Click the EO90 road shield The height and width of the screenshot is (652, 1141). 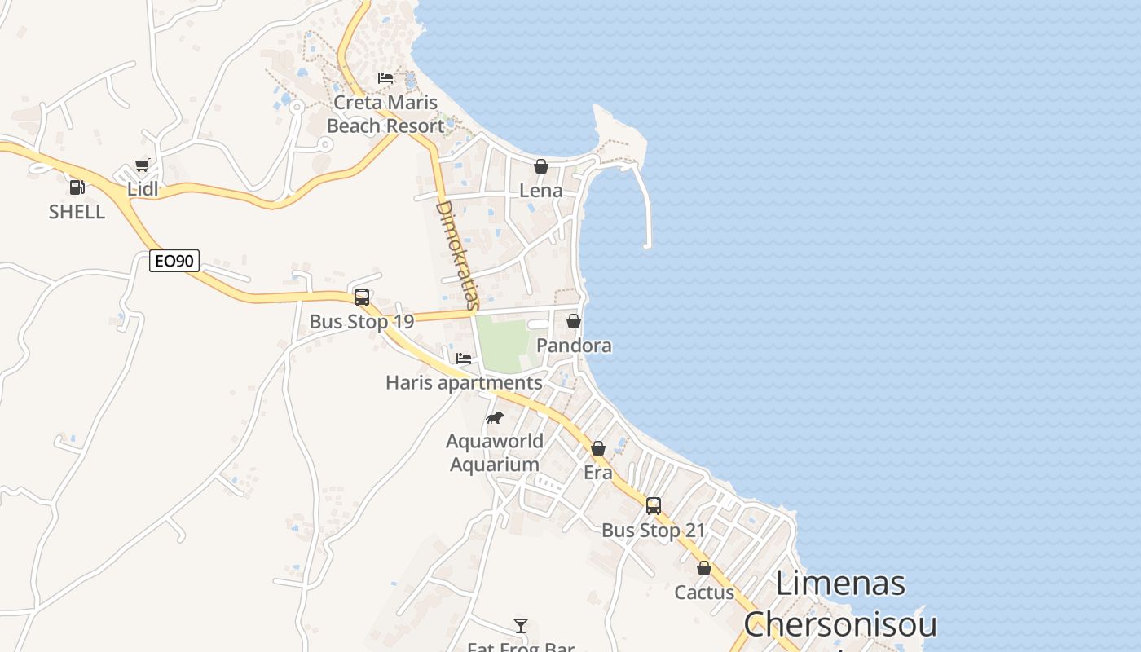[174, 261]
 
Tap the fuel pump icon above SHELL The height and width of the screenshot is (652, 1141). [77, 187]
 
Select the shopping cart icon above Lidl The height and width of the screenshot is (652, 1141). [143, 165]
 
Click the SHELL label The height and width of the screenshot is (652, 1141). [77, 212]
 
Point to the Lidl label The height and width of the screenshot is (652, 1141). [143, 189]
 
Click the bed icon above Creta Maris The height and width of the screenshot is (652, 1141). [385, 78]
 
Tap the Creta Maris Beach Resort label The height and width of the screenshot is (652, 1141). [385, 114]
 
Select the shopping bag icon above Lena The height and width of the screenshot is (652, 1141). [541, 166]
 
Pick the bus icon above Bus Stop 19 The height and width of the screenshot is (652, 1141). [362, 297]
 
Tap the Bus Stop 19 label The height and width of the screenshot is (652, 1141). [362, 321]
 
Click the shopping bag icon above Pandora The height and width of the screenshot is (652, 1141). [574, 321]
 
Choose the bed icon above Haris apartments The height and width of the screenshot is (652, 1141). [464, 358]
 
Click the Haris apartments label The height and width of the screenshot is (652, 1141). [464, 382]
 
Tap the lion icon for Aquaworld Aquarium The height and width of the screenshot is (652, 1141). [495, 417]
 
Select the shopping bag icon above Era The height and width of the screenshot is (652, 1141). [598, 448]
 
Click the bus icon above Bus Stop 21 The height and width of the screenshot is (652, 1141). [654, 506]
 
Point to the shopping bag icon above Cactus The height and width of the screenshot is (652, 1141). [704, 568]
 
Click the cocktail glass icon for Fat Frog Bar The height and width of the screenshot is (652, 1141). [521, 626]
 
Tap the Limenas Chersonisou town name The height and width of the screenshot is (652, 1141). [840, 604]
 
